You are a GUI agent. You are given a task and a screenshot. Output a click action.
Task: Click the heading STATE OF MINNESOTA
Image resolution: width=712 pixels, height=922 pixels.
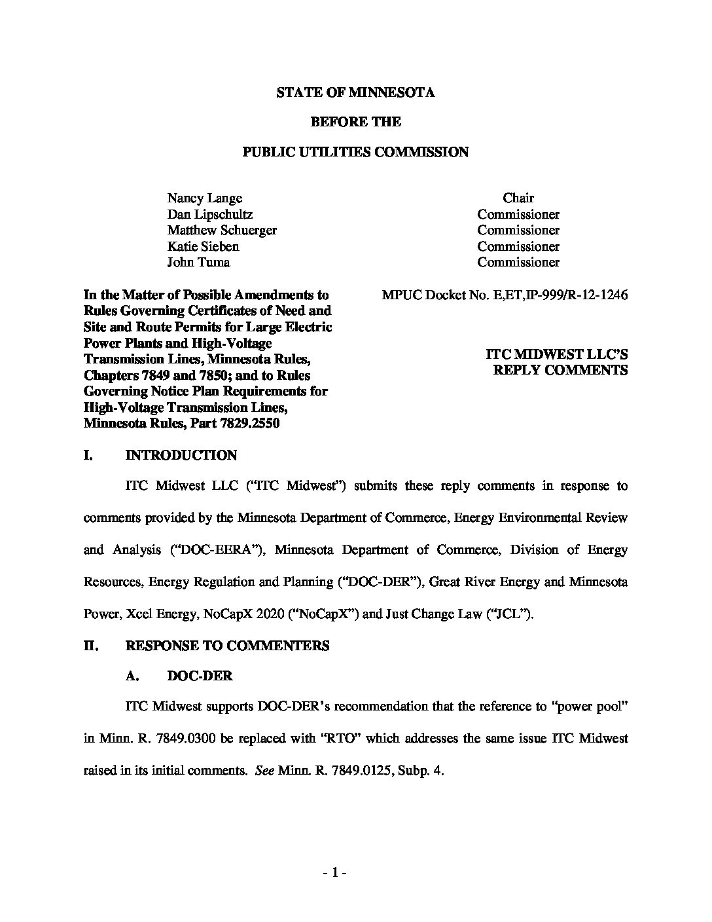[355, 92]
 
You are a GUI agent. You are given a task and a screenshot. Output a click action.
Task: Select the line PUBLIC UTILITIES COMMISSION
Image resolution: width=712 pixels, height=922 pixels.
[355, 152]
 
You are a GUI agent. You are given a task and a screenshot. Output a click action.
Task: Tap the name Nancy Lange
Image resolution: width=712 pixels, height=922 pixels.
[204, 198]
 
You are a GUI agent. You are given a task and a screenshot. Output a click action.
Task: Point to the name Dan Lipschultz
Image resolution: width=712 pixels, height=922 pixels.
[209, 214]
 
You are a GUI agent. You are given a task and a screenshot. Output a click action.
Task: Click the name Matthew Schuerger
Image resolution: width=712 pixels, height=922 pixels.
[221, 230]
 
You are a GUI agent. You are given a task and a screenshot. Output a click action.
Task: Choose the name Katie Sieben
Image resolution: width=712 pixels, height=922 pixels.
[203, 246]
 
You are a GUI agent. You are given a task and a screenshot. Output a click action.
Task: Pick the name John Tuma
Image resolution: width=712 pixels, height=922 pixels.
[198, 263]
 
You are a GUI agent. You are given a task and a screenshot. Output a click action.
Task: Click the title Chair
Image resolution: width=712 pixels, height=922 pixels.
[518, 198]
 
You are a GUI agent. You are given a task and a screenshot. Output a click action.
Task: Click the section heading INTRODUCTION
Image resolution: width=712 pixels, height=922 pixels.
[181, 455]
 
